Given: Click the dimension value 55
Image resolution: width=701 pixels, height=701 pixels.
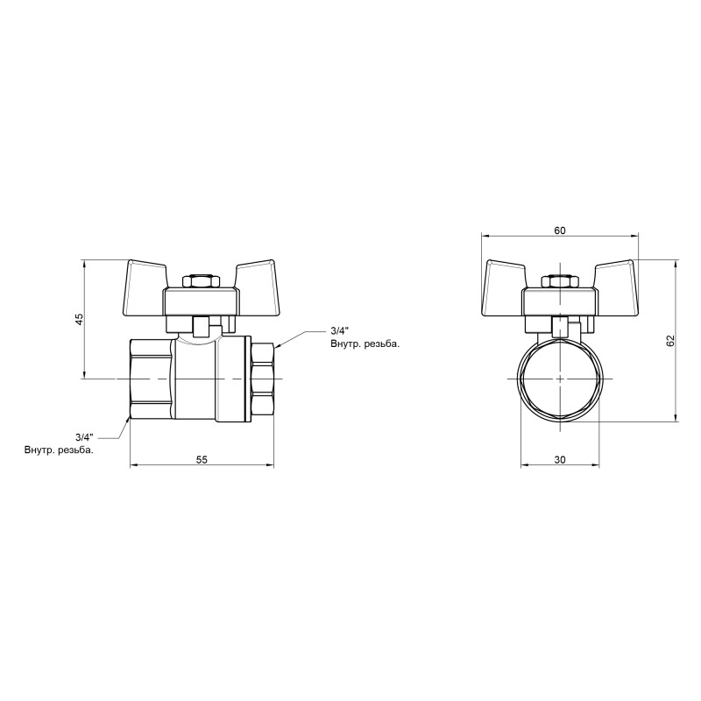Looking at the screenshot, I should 201,459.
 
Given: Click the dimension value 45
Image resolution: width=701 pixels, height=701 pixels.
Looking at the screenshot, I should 78,319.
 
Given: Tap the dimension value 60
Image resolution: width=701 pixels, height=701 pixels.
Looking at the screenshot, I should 560,230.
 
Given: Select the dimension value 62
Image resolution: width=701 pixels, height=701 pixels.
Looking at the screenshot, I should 670,340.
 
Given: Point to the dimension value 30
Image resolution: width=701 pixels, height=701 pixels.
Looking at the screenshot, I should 560,459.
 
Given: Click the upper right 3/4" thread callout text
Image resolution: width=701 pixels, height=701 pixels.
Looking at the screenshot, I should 339,331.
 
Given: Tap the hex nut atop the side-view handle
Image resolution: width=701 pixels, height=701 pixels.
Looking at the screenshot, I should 202,282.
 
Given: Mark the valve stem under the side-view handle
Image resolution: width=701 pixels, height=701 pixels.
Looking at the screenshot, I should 202,327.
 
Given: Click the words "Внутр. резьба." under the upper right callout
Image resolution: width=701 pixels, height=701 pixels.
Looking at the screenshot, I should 365,345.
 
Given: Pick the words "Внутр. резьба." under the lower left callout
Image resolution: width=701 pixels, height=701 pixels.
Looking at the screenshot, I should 59,450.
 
